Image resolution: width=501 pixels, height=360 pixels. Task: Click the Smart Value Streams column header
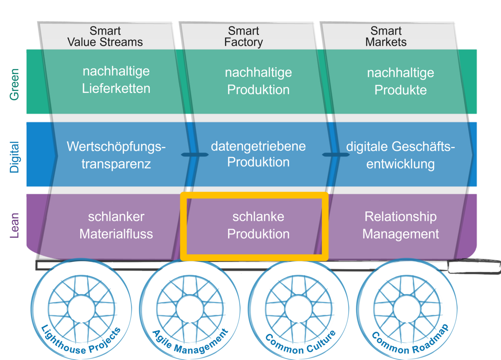pos(105,37)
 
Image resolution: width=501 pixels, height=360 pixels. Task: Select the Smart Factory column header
pos(243,37)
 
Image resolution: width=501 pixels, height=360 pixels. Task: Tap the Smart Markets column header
pos(386,37)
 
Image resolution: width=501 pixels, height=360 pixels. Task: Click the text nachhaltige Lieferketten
pos(116,80)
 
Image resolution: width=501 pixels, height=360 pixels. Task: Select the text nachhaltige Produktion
pos(258,81)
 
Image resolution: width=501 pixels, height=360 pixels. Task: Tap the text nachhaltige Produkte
pos(400,81)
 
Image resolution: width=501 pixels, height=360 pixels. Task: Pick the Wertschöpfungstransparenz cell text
pos(116,155)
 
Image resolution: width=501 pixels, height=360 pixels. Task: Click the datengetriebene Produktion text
pos(258,154)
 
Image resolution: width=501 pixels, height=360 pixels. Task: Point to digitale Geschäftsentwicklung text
pos(400,155)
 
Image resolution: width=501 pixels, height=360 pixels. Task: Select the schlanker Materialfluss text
pos(116,225)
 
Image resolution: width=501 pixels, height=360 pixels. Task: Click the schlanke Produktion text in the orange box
pos(258,225)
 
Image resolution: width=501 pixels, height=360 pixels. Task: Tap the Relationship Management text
pos(400,225)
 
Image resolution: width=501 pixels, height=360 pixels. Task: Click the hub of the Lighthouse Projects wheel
pos(81,309)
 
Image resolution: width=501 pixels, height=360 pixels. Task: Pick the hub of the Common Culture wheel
pos(299,309)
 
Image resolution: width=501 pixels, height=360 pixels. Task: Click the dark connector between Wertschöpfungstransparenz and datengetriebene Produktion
pos(194,155)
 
